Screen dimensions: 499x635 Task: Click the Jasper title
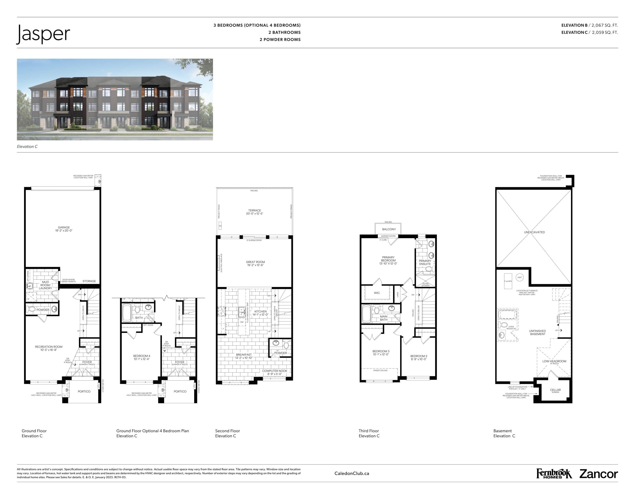(x=43, y=34)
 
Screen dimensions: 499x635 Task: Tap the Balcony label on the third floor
(x=389, y=229)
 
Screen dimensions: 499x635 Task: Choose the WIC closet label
(x=377, y=293)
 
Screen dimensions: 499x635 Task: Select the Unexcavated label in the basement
(x=534, y=232)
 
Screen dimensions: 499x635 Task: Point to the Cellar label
(x=555, y=390)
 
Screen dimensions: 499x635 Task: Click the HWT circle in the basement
(x=520, y=278)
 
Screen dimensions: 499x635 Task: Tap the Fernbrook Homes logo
(x=554, y=474)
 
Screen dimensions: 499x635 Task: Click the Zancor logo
(x=599, y=474)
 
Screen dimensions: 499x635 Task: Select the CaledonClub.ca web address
(x=352, y=474)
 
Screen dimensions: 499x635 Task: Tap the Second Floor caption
(x=227, y=431)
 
